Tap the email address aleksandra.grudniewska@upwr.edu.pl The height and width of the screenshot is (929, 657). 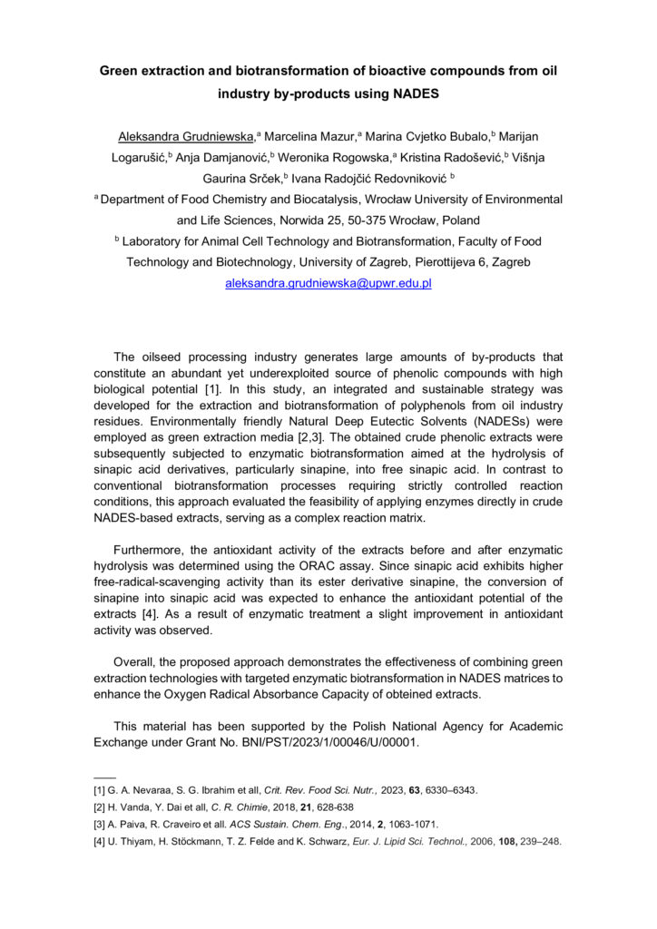coord(328,283)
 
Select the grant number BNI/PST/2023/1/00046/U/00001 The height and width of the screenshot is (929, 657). coord(314,743)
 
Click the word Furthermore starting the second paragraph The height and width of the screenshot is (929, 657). coord(151,549)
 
